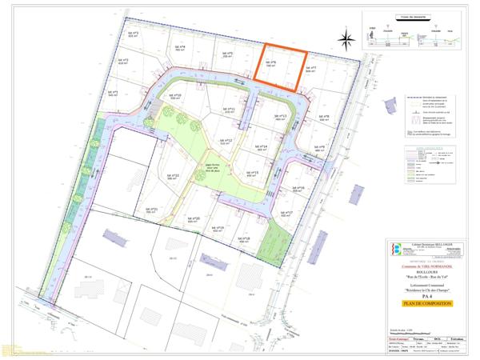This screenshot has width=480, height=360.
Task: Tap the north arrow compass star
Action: tap(346, 38)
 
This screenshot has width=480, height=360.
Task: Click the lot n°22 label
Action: tap(173, 176)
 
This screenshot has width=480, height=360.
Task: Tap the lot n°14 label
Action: tap(261, 148)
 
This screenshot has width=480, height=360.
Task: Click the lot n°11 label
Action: tap(230, 110)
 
